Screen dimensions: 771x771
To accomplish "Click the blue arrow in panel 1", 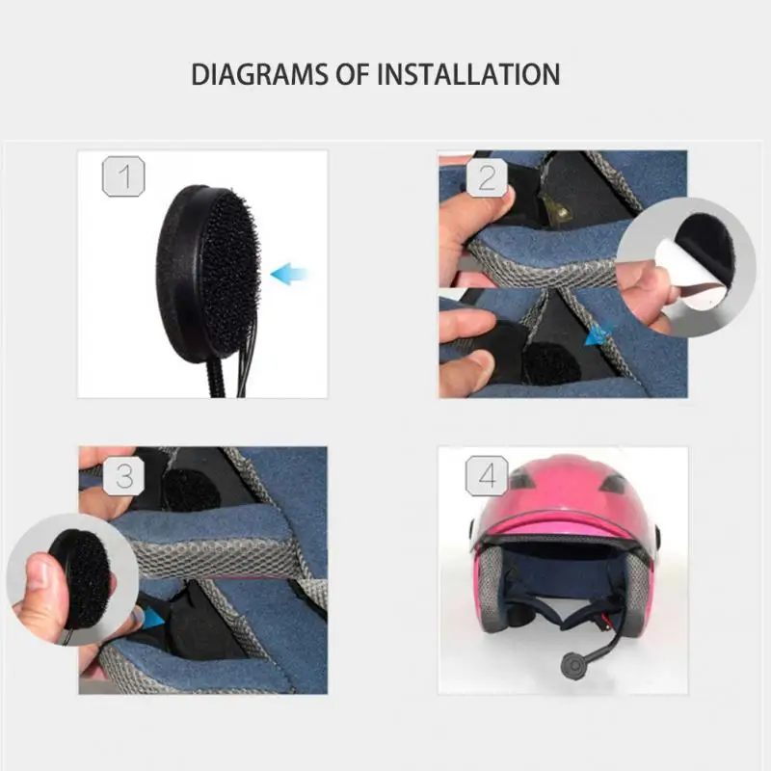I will click(288, 275).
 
